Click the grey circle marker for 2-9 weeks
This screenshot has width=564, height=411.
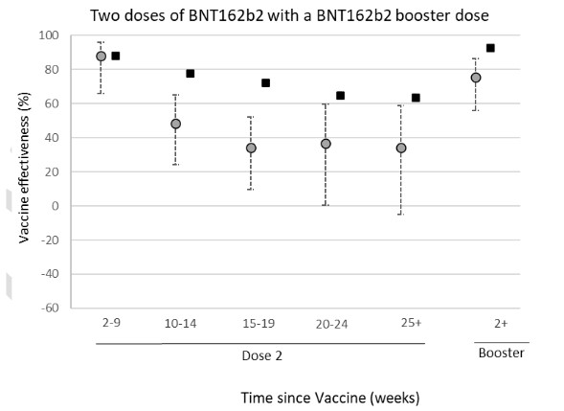point(101,57)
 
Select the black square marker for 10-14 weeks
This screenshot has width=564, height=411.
point(191,74)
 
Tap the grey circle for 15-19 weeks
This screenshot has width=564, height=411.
point(251,148)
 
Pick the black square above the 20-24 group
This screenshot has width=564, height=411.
point(340,96)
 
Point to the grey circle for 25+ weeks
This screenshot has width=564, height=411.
point(401,148)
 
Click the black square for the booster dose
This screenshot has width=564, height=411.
point(490,48)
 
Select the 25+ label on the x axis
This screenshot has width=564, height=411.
point(412,324)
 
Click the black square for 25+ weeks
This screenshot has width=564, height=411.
point(416,98)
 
